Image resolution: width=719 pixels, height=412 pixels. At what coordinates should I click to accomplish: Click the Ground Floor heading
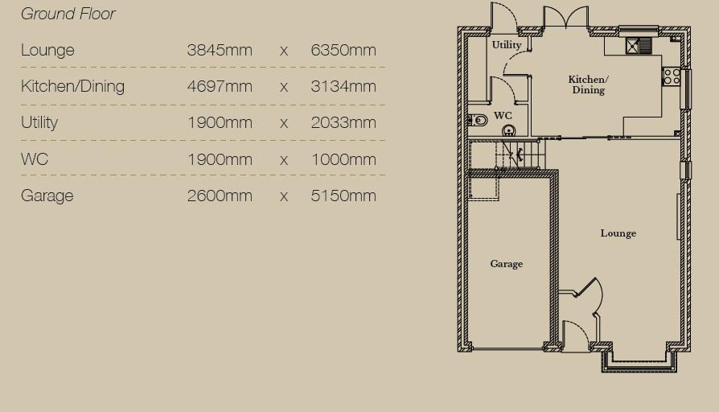(68, 14)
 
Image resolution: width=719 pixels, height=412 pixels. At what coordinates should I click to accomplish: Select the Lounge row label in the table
(47, 50)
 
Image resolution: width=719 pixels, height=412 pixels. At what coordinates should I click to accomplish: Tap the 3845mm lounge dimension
(220, 50)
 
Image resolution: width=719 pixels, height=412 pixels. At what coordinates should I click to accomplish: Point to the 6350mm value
(343, 50)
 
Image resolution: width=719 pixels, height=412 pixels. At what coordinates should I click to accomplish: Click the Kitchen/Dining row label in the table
(72, 86)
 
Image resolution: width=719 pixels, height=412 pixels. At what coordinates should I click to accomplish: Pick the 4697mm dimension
(220, 86)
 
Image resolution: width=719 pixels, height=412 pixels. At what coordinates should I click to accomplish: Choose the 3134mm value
(343, 86)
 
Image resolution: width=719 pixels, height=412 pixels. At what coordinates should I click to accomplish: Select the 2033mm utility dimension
(343, 122)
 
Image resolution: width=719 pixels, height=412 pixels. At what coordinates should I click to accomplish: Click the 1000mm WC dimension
(343, 159)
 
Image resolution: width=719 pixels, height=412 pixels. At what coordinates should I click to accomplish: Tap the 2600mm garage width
(220, 196)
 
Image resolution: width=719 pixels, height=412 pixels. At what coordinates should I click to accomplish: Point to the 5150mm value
(343, 196)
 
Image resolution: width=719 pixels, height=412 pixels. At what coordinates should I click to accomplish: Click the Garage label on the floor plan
(506, 264)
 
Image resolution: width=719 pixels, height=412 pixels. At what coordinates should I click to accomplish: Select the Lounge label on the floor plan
(618, 233)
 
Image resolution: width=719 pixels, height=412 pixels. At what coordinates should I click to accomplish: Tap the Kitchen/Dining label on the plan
(589, 84)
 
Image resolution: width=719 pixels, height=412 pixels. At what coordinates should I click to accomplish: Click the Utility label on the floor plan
(507, 45)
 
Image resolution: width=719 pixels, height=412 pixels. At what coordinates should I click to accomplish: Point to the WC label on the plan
(503, 116)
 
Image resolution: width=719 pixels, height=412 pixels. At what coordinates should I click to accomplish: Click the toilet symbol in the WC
(478, 121)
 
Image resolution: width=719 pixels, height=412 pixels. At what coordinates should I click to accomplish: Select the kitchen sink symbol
(639, 45)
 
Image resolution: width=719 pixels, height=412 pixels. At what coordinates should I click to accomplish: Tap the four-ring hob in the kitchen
(672, 76)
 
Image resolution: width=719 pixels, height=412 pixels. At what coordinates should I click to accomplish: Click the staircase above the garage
(507, 155)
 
